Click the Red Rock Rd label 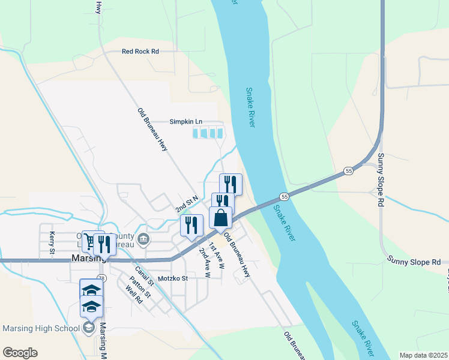click(x=140, y=52)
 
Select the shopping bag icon click(x=221, y=218)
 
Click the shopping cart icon click(x=91, y=241)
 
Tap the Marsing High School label click(x=41, y=328)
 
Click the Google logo click(x=20, y=353)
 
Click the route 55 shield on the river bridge click(x=285, y=197)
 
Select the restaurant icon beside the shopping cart click(x=105, y=244)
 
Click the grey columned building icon click(x=143, y=241)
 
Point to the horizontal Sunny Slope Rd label click(x=414, y=262)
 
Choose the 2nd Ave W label click(x=204, y=264)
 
